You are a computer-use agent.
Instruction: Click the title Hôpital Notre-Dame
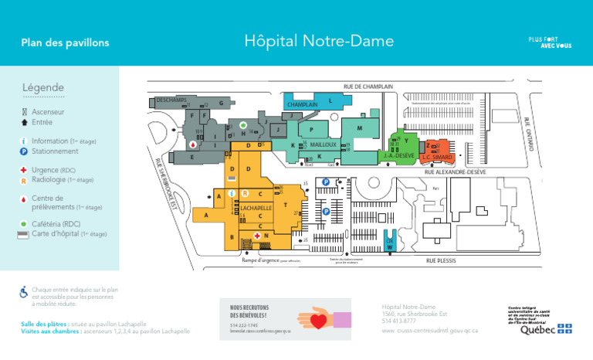tap(319, 41)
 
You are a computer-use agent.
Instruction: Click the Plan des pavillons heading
tap(65, 42)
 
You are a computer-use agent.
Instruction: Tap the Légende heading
tap(43, 87)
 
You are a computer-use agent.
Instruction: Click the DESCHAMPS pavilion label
tap(170, 100)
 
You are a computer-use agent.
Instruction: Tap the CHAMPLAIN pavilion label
tap(303, 105)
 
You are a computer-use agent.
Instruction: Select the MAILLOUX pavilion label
tap(323, 144)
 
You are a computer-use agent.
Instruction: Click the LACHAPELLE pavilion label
tap(256, 209)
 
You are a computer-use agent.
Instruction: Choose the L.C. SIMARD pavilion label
tap(437, 158)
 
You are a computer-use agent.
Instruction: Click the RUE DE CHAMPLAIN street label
tap(368, 87)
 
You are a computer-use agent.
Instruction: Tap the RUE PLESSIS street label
tap(441, 261)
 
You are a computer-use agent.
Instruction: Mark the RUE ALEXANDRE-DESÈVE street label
tap(455, 172)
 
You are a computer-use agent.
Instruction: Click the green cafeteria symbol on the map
tap(243, 124)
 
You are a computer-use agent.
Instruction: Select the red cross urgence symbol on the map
tap(256, 235)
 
